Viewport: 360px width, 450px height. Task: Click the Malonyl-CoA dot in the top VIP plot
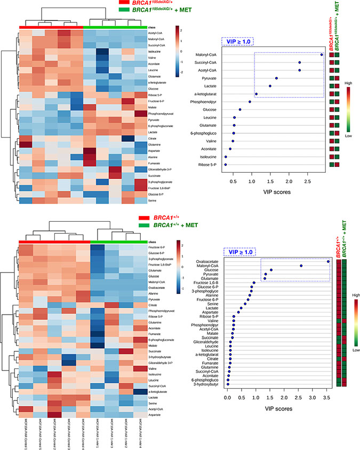coord(322,54)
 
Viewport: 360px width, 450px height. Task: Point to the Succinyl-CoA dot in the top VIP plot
coord(300,62)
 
